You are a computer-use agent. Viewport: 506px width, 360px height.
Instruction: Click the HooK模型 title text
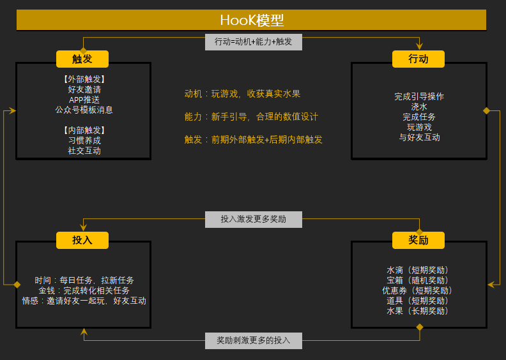click(x=252, y=20)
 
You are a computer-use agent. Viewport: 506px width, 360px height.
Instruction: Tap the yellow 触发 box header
click(x=82, y=59)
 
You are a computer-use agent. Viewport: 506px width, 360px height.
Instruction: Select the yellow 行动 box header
click(x=418, y=59)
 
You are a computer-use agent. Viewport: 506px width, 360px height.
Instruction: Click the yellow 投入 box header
click(x=82, y=240)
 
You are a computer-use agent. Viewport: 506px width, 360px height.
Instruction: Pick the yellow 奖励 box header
click(x=418, y=240)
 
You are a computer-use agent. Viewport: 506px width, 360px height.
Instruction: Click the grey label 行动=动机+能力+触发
click(x=254, y=42)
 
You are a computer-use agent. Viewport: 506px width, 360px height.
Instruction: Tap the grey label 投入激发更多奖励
click(x=254, y=220)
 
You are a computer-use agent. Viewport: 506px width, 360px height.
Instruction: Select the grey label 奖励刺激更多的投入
click(x=254, y=341)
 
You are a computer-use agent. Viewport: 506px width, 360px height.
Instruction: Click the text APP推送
click(x=84, y=100)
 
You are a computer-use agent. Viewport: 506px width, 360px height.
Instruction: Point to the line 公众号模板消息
click(x=84, y=110)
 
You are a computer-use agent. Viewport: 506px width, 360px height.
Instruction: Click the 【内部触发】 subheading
click(x=84, y=130)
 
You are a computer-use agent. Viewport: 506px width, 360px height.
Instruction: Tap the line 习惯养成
click(x=84, y=140)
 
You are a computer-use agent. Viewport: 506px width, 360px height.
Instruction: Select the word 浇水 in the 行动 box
click(x=419, y=107)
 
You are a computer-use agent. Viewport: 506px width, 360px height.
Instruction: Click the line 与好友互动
click(x=420, y=137)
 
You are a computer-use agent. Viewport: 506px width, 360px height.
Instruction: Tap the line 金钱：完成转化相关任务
click(x=84, y=290)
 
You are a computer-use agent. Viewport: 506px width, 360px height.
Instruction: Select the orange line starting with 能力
click(x=251, y=117)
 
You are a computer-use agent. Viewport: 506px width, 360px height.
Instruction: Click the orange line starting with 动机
click(x=242, y=94)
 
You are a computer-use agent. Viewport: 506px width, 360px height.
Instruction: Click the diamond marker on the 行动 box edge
click(x=487, y=111)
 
